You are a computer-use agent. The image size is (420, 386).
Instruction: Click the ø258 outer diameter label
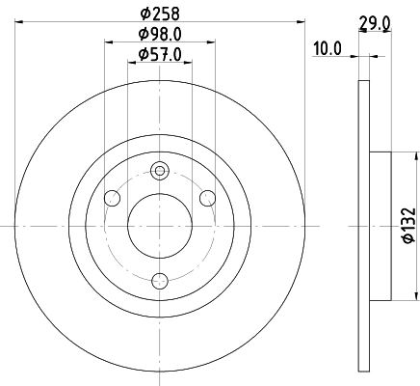point(159,14)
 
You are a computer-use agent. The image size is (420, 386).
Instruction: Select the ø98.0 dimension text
point(159,35)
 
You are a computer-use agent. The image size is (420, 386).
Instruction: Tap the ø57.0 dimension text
point(159,55)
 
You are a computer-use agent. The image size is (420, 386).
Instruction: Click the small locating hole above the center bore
point(160,171)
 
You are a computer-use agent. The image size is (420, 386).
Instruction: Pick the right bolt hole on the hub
point(207,198)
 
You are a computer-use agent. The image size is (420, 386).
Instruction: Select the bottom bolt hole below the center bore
point(160,281)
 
